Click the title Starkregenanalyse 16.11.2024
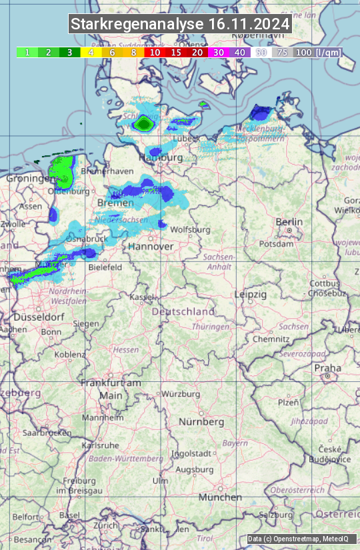click(180, 25)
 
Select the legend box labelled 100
click(303, 52)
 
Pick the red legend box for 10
click(155, 52)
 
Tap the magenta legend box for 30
click(219, 52)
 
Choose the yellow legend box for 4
click(91, 52)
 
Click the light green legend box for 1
click(27, 52)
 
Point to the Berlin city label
click(289, 222)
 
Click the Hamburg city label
click(161, 158)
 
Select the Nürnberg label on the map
click(201, 422)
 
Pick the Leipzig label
click(251, 294)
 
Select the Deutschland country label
click(183, 311)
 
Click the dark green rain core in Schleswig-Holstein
click(143, 123)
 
